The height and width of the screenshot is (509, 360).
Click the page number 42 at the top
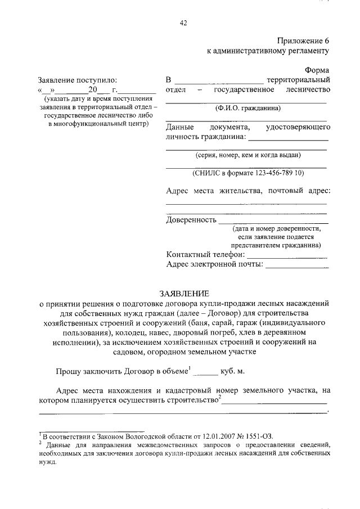click(x=183, y=23)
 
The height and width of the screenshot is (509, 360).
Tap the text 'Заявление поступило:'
click(x=78, y=80)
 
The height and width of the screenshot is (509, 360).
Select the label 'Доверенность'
click(x=191, y=219)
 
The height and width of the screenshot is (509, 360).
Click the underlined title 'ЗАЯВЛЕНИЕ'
click(x=183, y=293)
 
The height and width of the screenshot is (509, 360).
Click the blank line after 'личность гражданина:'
click(x=289, y=137)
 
